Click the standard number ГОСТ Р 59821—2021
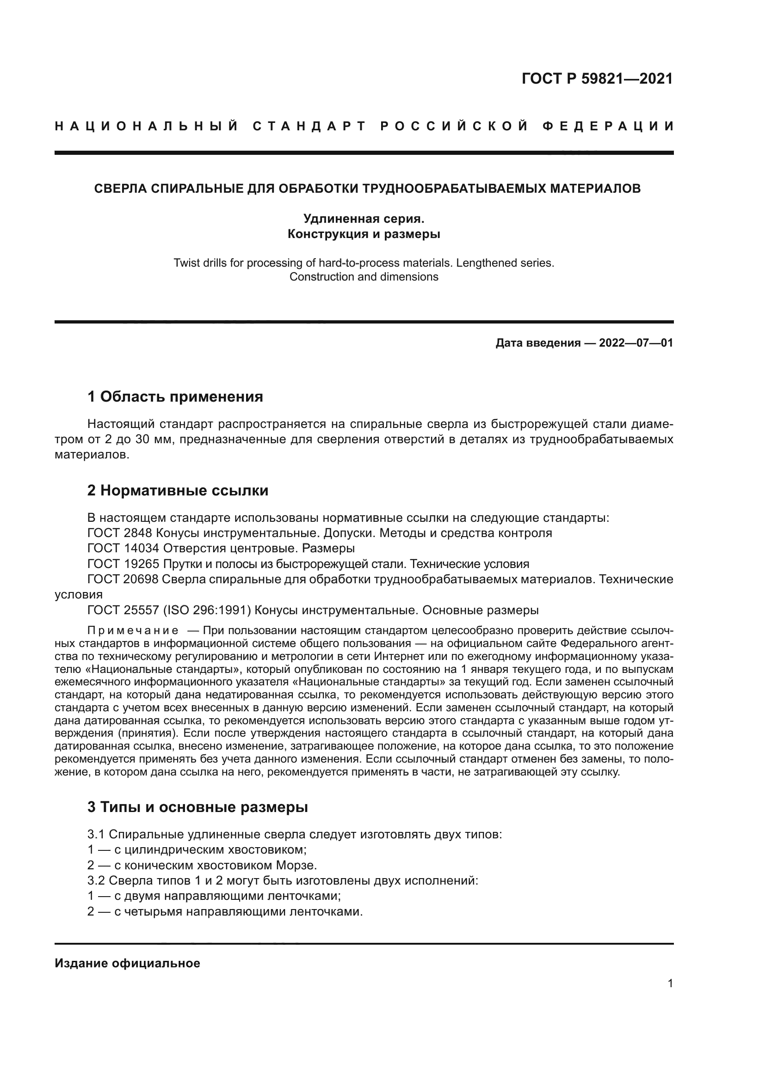pos(597,79)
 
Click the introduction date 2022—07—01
pos(635,343)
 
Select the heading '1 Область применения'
pos(175,397)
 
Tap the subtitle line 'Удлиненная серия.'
pos(364,219)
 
